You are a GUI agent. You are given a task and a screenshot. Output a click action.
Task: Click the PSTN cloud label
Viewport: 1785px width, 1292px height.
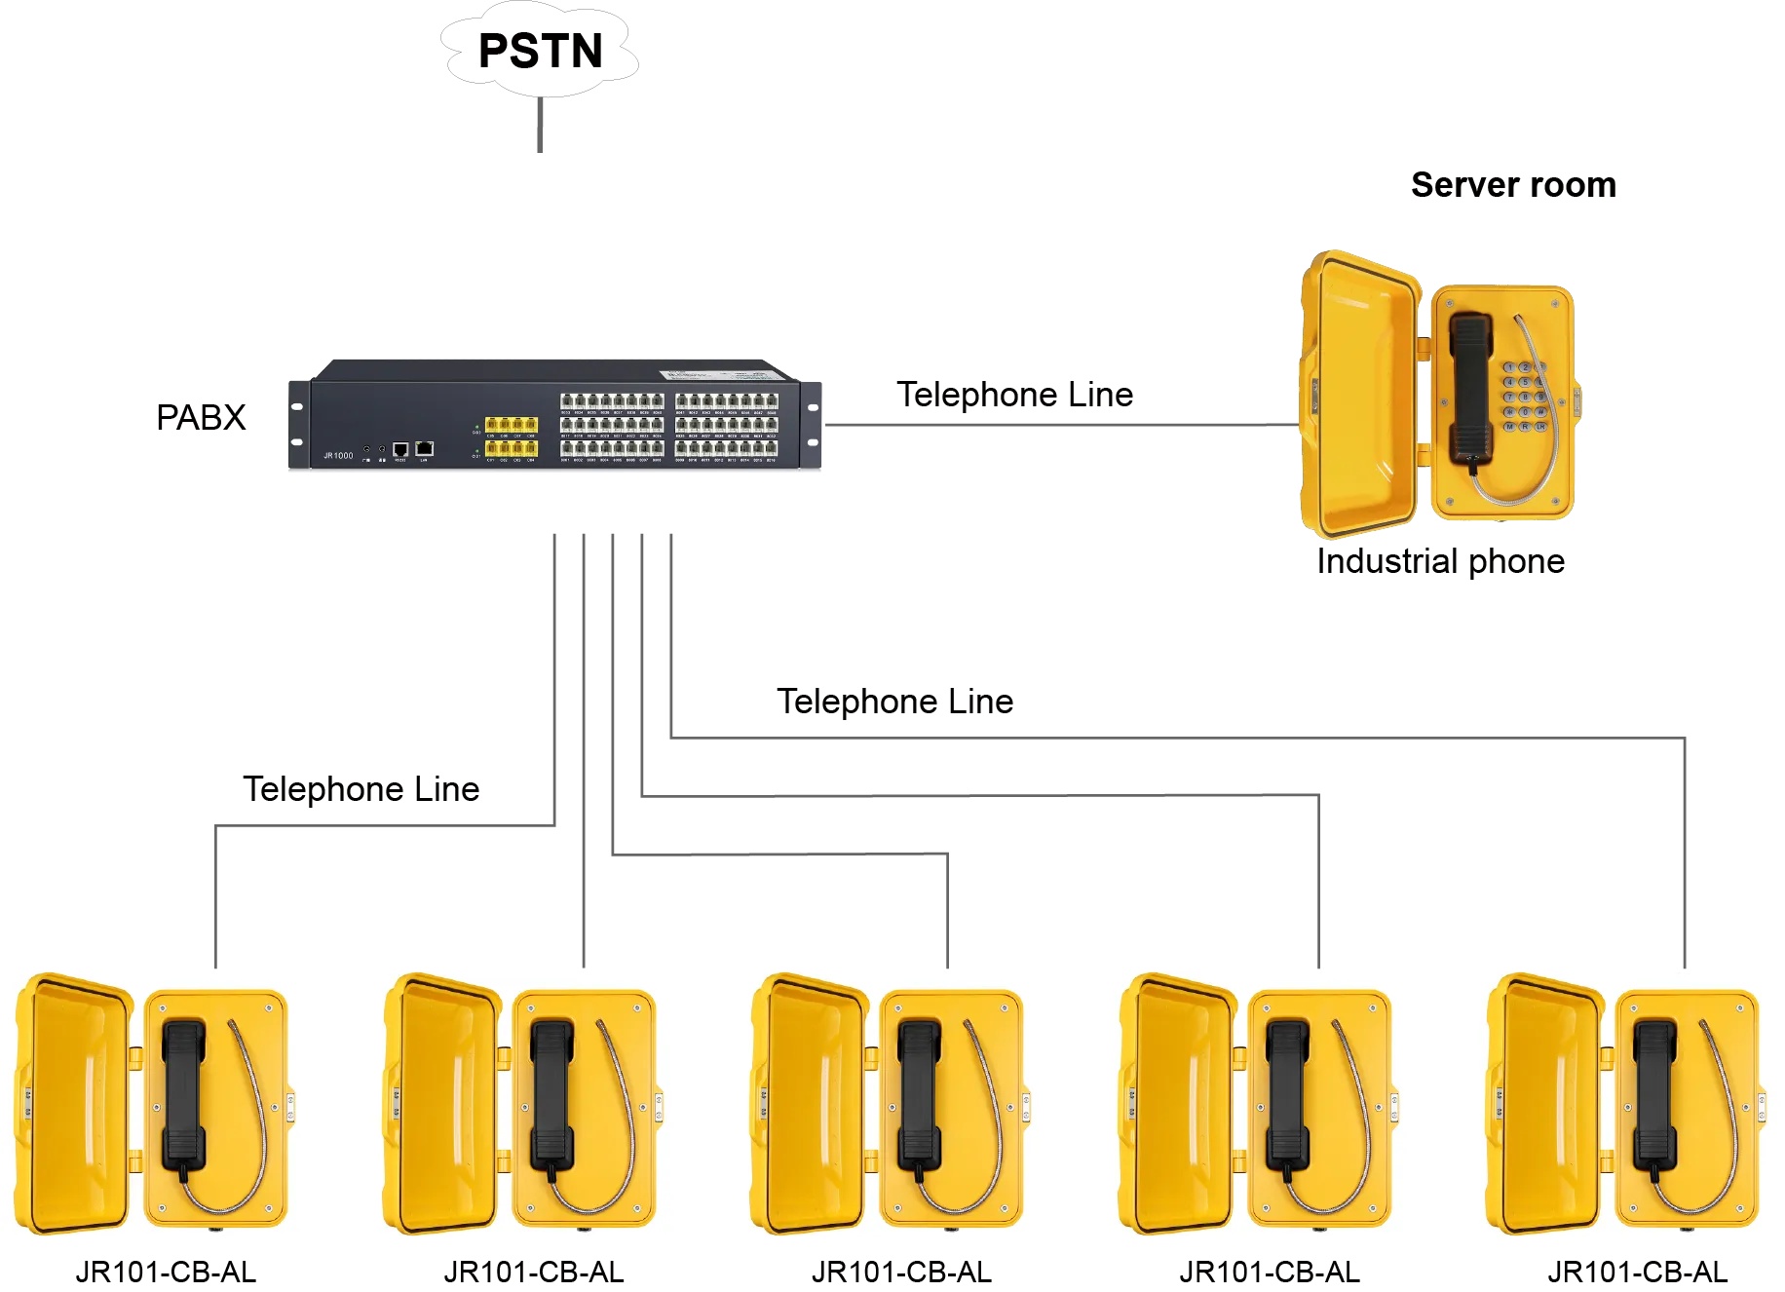pos(541,51)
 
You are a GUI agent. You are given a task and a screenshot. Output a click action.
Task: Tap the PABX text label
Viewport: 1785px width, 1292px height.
pos(201,417)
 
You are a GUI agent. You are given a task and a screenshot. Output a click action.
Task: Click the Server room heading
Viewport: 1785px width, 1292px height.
pos(1513,184)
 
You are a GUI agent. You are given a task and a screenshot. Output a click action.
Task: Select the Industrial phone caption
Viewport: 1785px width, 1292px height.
pos(1440,561)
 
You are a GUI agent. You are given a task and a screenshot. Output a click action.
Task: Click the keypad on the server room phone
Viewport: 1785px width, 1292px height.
pos(1525,398)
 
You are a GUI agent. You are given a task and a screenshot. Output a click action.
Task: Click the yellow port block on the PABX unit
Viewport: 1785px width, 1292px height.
pos(512,436)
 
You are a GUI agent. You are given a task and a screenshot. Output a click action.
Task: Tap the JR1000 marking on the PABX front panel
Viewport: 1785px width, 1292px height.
pos(338,455)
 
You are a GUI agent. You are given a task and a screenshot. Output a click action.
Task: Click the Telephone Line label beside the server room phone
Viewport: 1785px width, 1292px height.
pos(1014,395)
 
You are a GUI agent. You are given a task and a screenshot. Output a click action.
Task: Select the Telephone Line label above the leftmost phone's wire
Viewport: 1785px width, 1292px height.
pos(361,789)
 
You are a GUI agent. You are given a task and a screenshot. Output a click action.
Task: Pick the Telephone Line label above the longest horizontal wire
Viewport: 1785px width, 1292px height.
pos(894,702)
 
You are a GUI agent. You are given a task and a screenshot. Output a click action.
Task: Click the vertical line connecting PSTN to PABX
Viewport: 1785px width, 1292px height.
pos(540,124)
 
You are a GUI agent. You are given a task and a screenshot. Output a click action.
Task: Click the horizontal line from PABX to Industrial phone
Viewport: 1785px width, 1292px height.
pos(1062,425)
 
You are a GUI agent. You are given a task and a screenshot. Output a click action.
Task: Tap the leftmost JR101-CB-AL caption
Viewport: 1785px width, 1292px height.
pos(166,1272)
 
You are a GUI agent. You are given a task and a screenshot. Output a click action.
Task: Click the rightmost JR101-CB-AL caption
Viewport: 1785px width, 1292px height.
pos(1637,1272)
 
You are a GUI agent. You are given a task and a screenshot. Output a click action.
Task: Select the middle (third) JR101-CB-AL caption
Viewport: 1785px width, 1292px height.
pos(901,1272)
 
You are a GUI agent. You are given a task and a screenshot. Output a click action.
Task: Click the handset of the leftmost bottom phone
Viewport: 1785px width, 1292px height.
pos(183,1096)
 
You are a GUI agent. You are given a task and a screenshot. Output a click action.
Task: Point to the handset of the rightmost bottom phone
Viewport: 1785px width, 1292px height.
pos(1654,1096)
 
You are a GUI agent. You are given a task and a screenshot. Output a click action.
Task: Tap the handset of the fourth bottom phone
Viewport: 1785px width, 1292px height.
pos(1287,1096)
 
